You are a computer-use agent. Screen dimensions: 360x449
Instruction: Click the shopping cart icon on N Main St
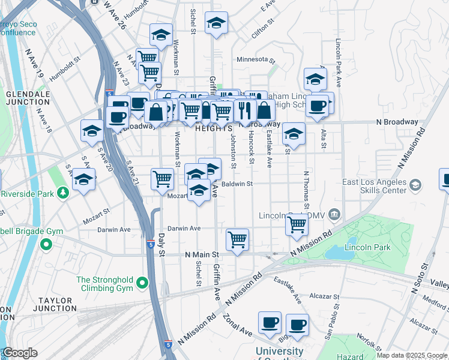point(238,239)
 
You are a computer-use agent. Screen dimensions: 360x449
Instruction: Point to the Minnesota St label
point(255,60)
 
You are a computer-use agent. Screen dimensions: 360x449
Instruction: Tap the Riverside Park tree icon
point(63,193)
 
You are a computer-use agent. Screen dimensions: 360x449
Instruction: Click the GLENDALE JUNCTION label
point(28,98)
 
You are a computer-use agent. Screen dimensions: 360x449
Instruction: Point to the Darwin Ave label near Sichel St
point(184,229)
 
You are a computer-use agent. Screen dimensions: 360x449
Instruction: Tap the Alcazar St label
point(325,296)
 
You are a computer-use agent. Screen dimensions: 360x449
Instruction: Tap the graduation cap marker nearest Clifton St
point(216,23)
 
